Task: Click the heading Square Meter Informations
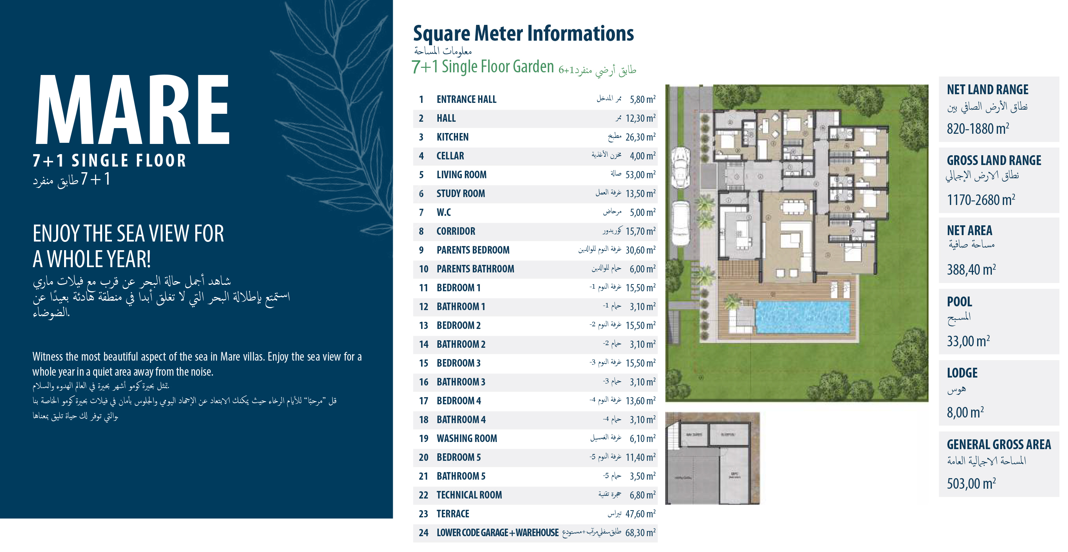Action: click(x=523, y=33)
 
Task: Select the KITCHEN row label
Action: click(x=452, y=137)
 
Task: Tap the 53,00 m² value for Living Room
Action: click(x=640, y=175)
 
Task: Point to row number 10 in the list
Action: click(x=423, y=269)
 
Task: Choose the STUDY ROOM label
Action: click(x=460, y=194)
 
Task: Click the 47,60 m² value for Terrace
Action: click(x=640, y=514)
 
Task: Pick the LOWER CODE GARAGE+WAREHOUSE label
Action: click(x=497, y=532)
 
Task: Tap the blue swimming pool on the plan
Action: click(x=802, y=317)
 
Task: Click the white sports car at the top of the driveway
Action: click(x=680, y=168)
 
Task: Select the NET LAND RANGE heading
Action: click(x=987, y=90)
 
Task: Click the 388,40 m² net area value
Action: click(x=971, y=270)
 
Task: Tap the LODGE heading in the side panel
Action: click(x=962, y=373)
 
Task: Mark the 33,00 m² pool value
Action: click(x=968, y=341)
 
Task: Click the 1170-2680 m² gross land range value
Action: click(x=981, y=200)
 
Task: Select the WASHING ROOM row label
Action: click(x=466, y=439)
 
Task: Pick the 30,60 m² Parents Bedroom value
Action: click(x=640, y=250)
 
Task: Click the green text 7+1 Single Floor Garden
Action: click(x=483, y=67)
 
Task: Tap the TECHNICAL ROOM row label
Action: click(x=469, y=495)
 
